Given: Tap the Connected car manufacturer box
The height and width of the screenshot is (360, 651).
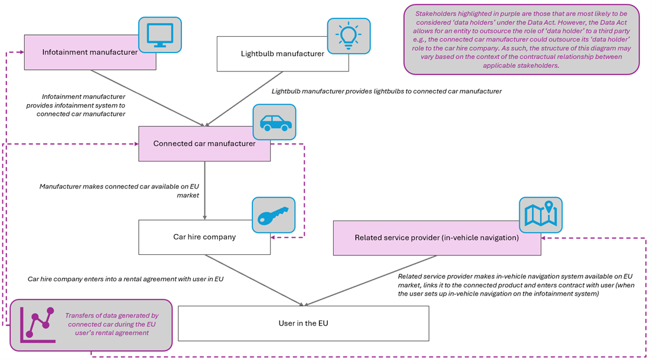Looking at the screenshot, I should pos(204,144).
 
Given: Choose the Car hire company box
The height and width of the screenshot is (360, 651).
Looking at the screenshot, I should pos(204,237).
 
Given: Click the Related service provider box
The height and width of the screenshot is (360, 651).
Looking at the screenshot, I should pos(437,238).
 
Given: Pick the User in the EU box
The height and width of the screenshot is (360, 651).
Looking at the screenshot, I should pos(303,323).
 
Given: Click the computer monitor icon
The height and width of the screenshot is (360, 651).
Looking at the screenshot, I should pos(160,34).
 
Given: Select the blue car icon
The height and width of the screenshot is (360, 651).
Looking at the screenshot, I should pos(275,123).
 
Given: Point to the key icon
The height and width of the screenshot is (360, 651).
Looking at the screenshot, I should pos(273,215).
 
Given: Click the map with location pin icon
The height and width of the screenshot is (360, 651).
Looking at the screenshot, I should pos(541,215).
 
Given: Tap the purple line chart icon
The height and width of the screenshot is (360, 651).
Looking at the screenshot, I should pos(37,325).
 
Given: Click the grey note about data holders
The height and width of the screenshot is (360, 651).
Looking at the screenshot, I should pos(521,40).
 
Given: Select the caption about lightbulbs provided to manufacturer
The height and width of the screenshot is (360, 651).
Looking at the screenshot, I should pos(386,92).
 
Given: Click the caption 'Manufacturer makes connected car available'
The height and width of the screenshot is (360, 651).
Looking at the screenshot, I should pos(119,190).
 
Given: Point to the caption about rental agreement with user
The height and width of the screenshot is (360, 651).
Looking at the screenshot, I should pos(125,278).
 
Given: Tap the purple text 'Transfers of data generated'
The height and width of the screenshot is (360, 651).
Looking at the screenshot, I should pos(112,325).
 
